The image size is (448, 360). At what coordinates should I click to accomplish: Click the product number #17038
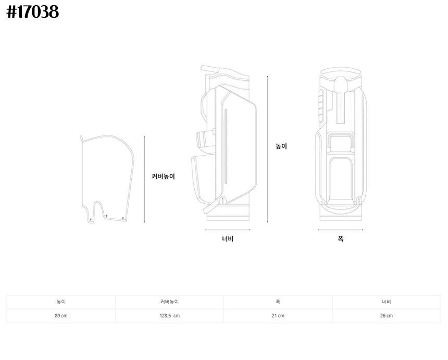pyautogui.click(x=33, y=12)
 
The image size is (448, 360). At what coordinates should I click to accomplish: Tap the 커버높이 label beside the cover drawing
pyautogui.click(x=163, y=176)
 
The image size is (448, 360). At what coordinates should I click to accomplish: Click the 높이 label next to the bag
pyautogui.click(x=281, y=146)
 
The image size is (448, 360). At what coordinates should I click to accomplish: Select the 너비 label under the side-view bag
pyautogui.click(x=228, y=239)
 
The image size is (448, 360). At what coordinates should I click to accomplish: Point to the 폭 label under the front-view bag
pyautogui.click(x=340, y=239)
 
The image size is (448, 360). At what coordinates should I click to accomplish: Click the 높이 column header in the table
pyautogui.click(x=61, y=302)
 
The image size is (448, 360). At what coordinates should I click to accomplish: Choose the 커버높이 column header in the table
pyautogui.click(x=169, y=302)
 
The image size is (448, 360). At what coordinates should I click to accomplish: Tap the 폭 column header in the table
pyautogui.click(x=278, y=302)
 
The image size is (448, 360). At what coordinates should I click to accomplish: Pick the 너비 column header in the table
pyautogui.click(x=387, y=302)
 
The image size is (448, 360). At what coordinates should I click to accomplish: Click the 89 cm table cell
pyautogui.click(x=61, y=316)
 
